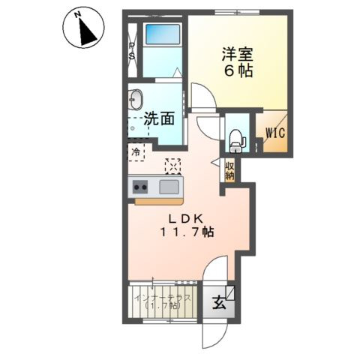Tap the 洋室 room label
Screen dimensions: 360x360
[x=236, y=54]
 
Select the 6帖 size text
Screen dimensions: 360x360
[x=236, y=71]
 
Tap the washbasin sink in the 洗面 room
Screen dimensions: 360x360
[x=136, y=100]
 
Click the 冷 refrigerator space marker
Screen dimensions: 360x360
[x=136, y=152]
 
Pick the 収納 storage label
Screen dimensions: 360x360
[x=229, y=170]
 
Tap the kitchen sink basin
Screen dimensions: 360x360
[x=169, y=187]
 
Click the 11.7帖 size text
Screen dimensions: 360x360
[x=186, y=232]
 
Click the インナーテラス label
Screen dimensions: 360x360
[x=163, y=298]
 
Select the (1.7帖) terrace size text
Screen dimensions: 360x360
[x=163, y=307]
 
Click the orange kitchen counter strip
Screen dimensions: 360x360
[x=157, y=201]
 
